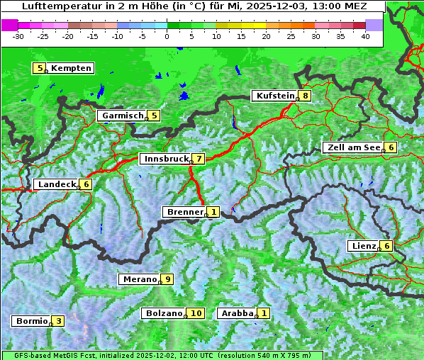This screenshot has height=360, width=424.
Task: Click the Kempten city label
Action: pos(71,68)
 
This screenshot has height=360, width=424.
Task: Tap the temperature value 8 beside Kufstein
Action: pos(305,96)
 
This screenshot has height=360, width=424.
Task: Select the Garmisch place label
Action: pos(122,115)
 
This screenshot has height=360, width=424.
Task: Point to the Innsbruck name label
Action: pos(164,159)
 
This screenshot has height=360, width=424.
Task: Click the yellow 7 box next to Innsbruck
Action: pos(199,159)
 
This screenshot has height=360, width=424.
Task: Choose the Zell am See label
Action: pos(352,147)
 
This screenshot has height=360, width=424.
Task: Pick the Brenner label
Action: pos(184,211)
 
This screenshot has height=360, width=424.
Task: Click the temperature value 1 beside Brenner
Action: pos(213,211)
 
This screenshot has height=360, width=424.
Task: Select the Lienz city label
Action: pos(363,246)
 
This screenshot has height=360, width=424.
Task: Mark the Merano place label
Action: pos(139,279)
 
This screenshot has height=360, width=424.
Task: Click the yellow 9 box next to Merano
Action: pos(167,279)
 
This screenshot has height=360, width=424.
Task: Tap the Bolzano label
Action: pos(164,313)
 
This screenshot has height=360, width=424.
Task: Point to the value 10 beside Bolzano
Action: pos(196,313)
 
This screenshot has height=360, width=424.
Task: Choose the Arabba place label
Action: pos(237,313)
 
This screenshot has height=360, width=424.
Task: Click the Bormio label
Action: pos(31,320)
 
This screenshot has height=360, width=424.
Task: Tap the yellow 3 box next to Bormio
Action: pos(57,320)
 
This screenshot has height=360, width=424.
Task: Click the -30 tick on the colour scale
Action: pos(18,35)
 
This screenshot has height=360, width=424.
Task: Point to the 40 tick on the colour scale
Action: pos(365,35)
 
